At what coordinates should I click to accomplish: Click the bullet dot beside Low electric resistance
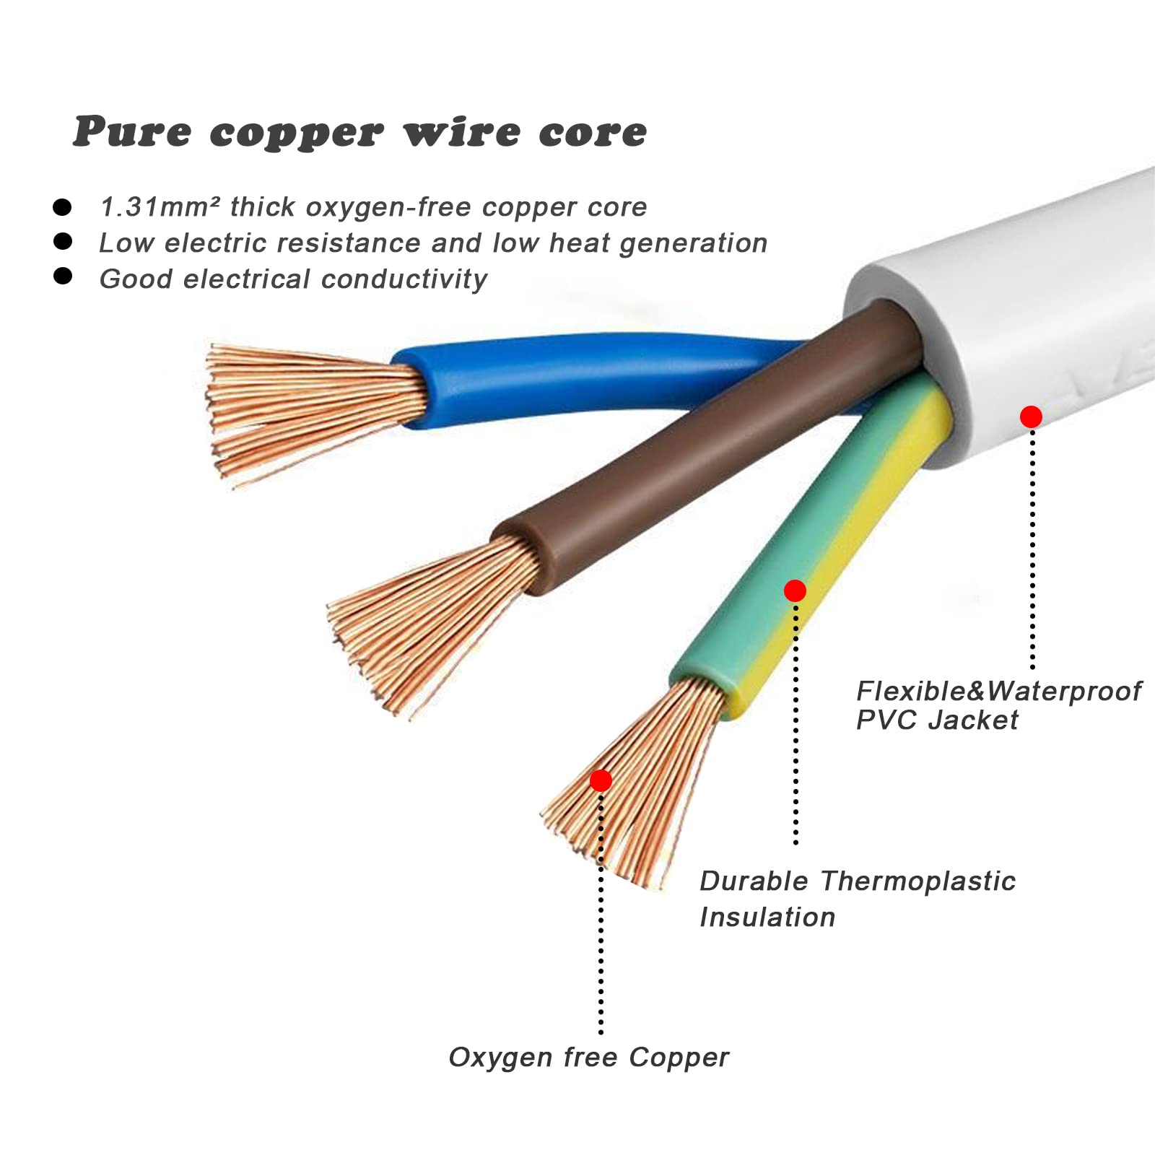coord(63,241)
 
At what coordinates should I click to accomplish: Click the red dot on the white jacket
coord(1031,417)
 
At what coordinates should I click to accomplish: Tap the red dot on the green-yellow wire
coord(795,591)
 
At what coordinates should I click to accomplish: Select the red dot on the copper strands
coord(601,780)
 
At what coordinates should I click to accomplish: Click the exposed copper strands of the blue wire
coord(310,411)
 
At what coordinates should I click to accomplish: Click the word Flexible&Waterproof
coord(998,692)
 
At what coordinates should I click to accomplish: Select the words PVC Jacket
coord(937,720)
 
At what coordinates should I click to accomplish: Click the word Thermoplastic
coord(918,881)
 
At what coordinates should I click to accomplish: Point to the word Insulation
coord(767,918)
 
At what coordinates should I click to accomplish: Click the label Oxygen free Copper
coord(588,1058)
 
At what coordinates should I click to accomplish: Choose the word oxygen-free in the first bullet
coord(390,208)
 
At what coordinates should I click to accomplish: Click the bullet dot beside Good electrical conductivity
coord(63,276)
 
